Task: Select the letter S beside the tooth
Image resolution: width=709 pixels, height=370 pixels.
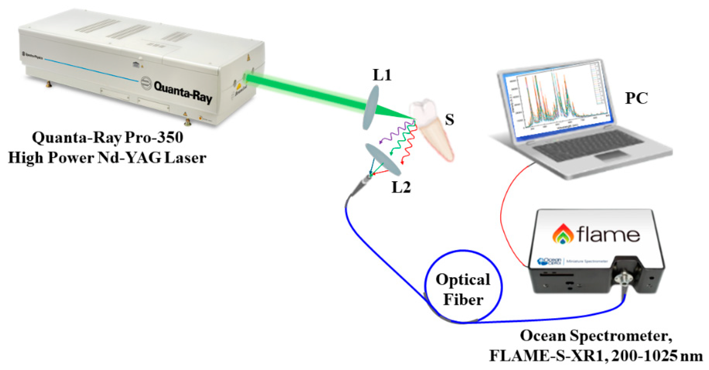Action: tap(449, 120)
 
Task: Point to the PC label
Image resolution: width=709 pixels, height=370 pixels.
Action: tap(636, 98)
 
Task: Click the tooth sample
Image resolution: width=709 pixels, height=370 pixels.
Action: tap(431, 127)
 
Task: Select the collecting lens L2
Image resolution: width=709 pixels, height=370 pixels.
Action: tap(383, 160)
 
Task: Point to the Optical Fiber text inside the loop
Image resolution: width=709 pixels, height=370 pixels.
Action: tap(463, 290)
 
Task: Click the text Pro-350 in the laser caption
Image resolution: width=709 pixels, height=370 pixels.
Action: tap(154, 137)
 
